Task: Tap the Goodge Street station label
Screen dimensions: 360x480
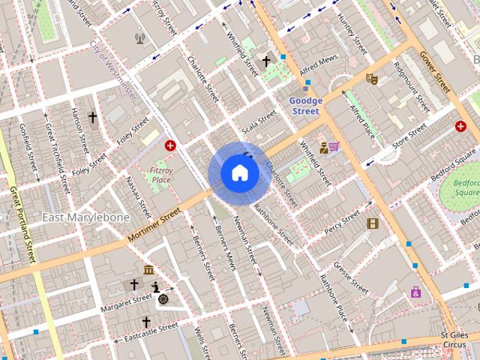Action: click(306, 106)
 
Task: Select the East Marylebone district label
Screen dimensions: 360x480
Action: click(85, 217)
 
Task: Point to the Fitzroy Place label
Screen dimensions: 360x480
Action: click(160, 175)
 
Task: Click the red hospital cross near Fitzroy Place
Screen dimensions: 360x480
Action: click(170, 145)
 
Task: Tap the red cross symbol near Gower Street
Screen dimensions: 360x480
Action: click(460, 127)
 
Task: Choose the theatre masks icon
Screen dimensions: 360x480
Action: click(370, 78)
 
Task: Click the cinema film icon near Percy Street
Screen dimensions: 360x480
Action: click(373, 223)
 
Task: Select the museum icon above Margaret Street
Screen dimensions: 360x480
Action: click(148, 270)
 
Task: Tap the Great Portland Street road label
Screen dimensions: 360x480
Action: click(22, 224)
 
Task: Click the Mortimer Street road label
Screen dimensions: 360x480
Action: click(154, 225)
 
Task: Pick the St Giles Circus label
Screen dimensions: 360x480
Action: click(454, 340)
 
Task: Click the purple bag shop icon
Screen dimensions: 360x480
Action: click(415, 292)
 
